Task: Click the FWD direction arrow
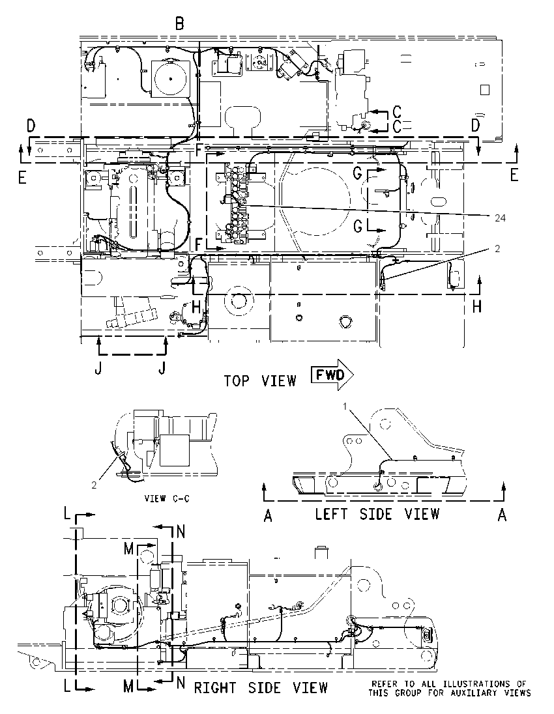click(332, 375)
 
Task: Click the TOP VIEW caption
click(260, 380)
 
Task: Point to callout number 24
click(501, 218)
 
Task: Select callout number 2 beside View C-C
click(94, 485)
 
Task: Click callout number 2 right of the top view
click(497, 249)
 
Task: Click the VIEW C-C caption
click(168, 498)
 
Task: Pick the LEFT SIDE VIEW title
click(377, 514)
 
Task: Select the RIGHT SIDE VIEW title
click(261, 687)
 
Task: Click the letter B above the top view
click(180, 23)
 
